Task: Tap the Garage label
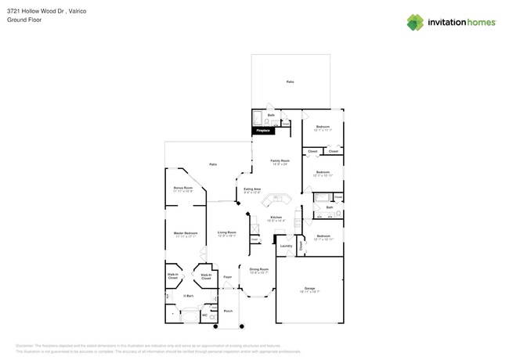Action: point(309,290)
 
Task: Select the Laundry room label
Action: point(286,246)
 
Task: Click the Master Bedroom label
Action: point(185,233)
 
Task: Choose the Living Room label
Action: point(227,233)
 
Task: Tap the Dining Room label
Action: point(258,271)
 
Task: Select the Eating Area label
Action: point(252,189)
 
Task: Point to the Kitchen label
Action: point(276,218)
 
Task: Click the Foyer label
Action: point(228,277)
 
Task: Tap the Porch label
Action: point(228,311)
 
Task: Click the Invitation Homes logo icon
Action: point(416,22)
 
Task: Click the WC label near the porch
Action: point(205,315)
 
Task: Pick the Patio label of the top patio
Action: point(290,81)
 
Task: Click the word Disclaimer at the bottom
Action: point(25,345)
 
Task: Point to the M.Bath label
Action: point(188,296)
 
